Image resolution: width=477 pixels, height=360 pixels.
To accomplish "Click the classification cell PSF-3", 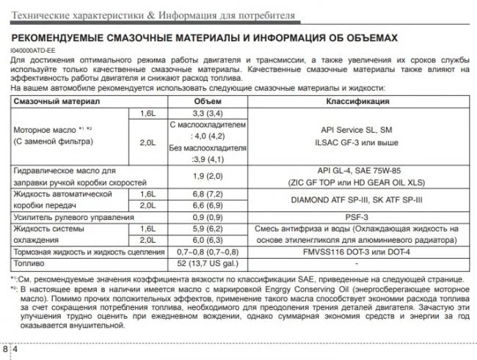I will pos(358,217).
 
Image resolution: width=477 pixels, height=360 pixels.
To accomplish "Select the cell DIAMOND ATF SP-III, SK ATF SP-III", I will pos(358,199).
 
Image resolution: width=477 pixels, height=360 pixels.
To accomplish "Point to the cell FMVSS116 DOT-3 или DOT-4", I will pos(358,251).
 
